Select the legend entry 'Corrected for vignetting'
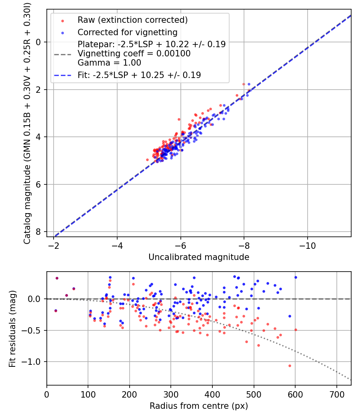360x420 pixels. pyautogui.click(x=127, y=32)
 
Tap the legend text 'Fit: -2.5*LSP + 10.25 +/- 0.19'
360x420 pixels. pyautogui.click(x=139, y=75)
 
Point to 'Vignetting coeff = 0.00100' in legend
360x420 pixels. pyautogui.click(x=134, y=54)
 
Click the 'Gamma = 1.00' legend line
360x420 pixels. pyautogui.click(x=109, y=63)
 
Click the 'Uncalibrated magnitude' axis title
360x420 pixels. pyautogui.click(x=199, y=257)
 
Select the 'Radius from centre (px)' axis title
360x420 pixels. pyautogui.click(x=199, y=406)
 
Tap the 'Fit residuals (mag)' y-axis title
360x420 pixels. pyautogui.click(x=12, y=328)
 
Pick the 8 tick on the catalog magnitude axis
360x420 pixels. pyautogui.click(x=38, y=232)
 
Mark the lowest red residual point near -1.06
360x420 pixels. pyautogui.click(x=290, y=366)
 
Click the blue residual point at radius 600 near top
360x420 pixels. pyautogui.click(x=296, y=277)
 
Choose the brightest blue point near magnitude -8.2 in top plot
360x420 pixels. pyautogui.click(x=249, y=84)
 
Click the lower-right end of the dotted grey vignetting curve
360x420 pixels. pyautogui.click(x=350, y=379)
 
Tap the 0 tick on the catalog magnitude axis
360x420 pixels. pyautogui.click(x=38, y=42)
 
